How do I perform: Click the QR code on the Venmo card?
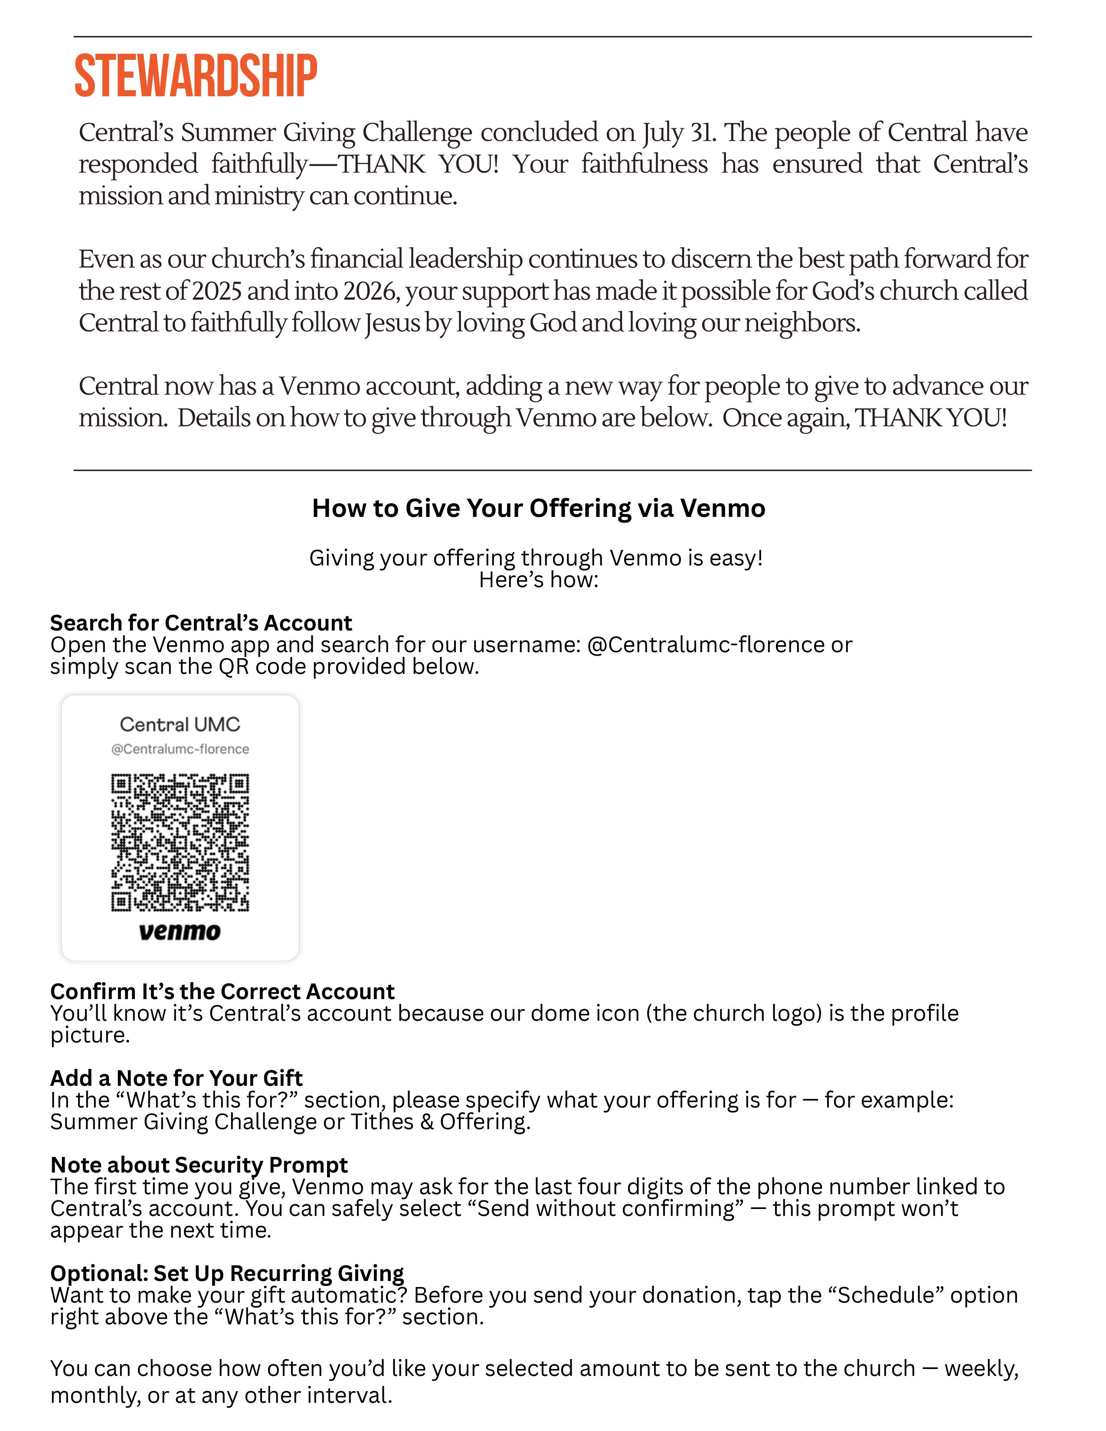point(180,843)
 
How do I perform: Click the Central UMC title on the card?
point(180,724)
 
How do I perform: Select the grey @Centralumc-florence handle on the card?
point(180,749)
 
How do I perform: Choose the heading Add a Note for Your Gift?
point(176,1078)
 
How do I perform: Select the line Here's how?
point(539,580)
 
